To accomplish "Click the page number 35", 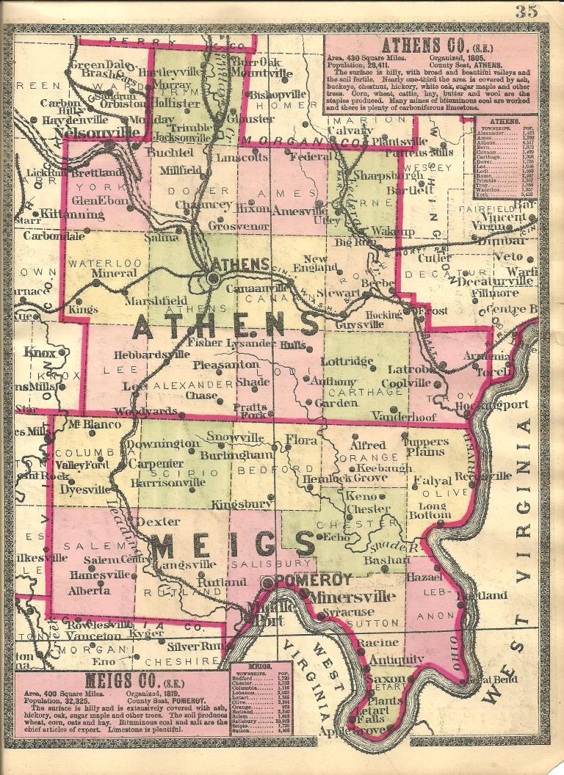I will [527, 10].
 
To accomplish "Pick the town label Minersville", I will [341, 596].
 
